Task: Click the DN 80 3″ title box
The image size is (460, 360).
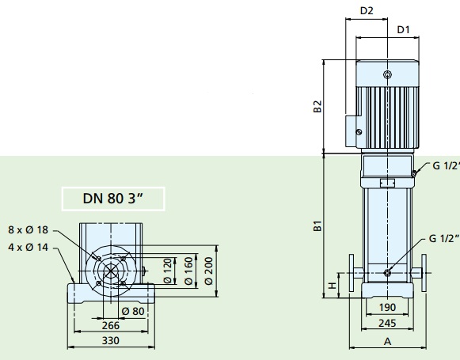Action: pos(113,199)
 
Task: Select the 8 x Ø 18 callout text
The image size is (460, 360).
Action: pos(29,229)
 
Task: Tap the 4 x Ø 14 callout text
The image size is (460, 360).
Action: pos(29,248)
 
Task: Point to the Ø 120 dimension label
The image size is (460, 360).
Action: pos(167,271)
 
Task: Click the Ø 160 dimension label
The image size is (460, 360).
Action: pos(189,271)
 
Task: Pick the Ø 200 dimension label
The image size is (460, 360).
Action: pos(208,271)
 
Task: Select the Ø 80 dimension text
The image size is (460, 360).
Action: pos(133,311)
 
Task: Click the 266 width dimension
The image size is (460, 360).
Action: pos(111,325)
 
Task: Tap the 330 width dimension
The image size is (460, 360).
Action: pos(111,341)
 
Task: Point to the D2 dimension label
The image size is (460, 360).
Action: pos(367,11)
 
